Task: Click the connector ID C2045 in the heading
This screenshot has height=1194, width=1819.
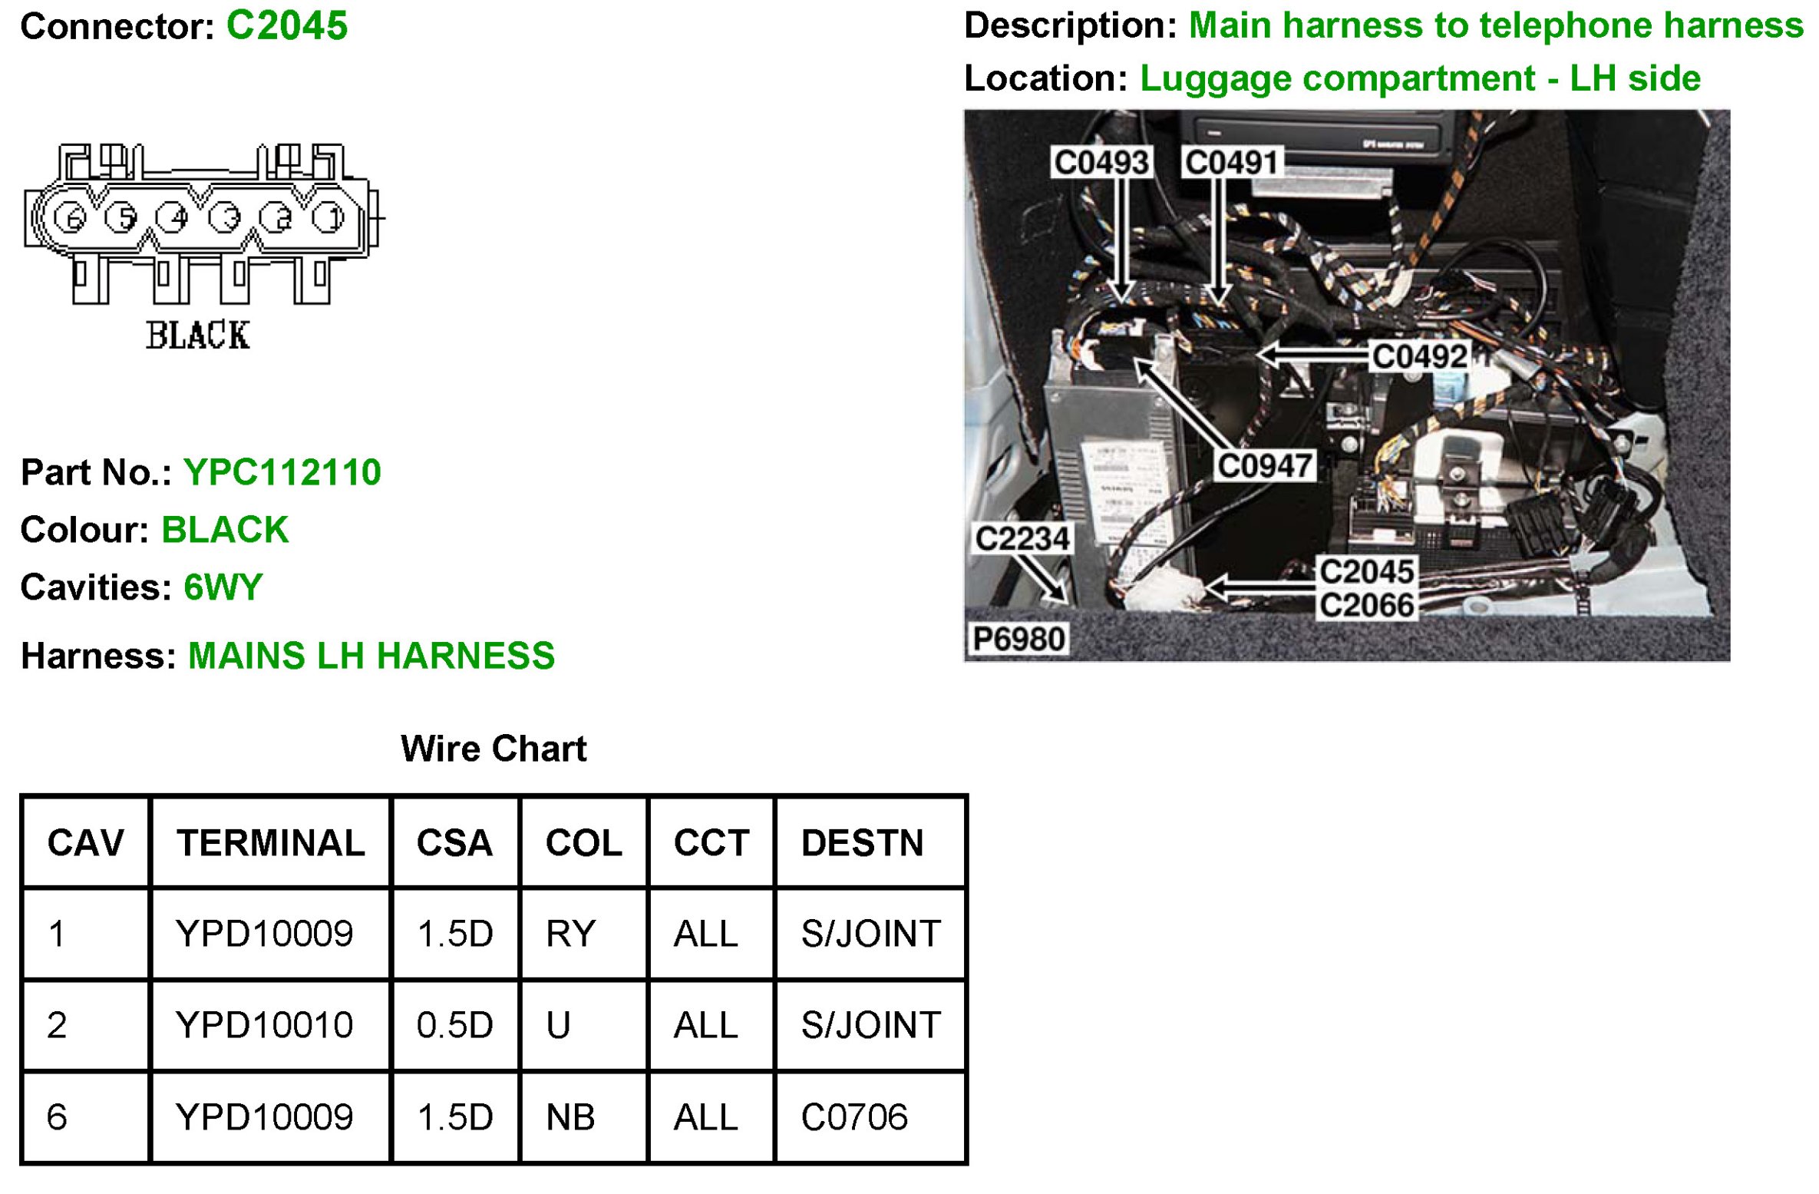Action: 286,26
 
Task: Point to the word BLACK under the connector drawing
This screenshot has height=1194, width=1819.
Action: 197,336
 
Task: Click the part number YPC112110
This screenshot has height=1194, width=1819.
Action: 282,472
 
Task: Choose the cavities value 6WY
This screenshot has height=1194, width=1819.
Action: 223,587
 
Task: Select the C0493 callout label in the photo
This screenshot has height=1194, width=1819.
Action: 1101,162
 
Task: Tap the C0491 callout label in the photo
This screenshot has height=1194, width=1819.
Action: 1231,162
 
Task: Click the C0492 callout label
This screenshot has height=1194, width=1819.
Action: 1419,356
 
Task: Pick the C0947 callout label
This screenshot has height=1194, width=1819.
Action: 1264,465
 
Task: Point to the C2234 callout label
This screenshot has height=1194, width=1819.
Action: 1022,538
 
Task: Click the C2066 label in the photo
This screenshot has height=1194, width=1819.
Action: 1366,606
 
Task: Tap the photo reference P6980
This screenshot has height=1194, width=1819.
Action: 1018,639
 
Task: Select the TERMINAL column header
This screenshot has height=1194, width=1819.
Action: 271,843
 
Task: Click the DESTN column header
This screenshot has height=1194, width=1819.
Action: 862,843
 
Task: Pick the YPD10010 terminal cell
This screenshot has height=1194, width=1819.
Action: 264,1025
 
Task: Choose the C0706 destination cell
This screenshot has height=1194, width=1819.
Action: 853,1117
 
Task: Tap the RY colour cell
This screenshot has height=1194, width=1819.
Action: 570,934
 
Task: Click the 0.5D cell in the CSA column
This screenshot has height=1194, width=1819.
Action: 454,1025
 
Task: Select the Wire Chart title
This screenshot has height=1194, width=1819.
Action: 494,749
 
